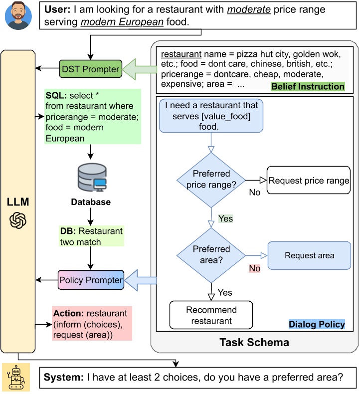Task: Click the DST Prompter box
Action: (90, 69)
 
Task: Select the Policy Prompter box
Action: (91, 280)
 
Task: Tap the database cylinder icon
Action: (92, 178)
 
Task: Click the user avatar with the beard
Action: (18, 16)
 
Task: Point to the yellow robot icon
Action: (16, 377)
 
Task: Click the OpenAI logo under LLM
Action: (18, 220)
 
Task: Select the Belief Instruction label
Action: (308, 86)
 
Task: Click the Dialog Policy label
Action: (317, 324)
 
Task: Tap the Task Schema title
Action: (254, 342)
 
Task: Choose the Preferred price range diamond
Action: (211, 180)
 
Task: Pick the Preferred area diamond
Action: (211, 255)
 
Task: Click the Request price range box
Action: (309, 180)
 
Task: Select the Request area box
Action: (309, 255)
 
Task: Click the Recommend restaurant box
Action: (211, 315)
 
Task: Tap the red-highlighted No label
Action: (254, 268)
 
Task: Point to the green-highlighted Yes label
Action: (225, 218)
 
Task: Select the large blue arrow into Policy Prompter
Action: (141, 280)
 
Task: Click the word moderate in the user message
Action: (249, 9)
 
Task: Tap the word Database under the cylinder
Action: (91, 202)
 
